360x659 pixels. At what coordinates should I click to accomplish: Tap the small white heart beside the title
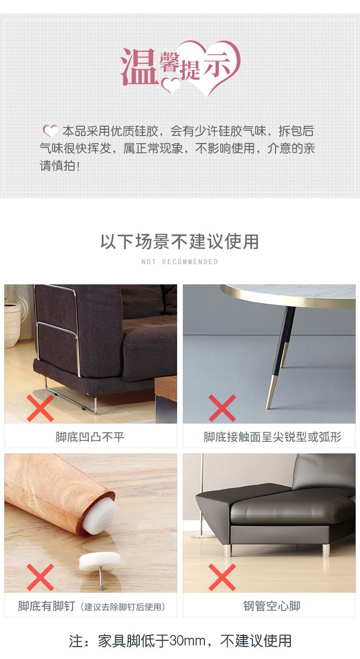[x=171, y=85]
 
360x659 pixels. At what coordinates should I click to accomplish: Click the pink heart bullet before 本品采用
[x=50, y=131]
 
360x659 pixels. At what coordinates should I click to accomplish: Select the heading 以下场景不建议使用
[x=180, y=242]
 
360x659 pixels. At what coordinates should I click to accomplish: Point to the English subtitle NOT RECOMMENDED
[x=180, y=262]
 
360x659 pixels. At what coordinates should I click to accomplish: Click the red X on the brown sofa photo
[x=40, y=408]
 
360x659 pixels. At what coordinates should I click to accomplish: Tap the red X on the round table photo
[x=222, y=408]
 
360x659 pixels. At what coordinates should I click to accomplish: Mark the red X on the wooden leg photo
[x=40, y=577]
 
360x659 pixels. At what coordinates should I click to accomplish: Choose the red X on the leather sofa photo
[x=222, y=577]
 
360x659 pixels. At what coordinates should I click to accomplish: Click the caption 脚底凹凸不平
[x=90, y=437]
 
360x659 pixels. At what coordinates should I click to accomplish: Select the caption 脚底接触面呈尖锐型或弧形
[x=272, y=437]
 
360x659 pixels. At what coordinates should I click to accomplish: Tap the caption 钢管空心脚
[x=272, y=606]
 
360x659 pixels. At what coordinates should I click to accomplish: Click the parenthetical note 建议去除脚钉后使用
[x=122, y=607]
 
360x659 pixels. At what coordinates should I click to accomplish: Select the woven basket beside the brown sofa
[x=12, y=324]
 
